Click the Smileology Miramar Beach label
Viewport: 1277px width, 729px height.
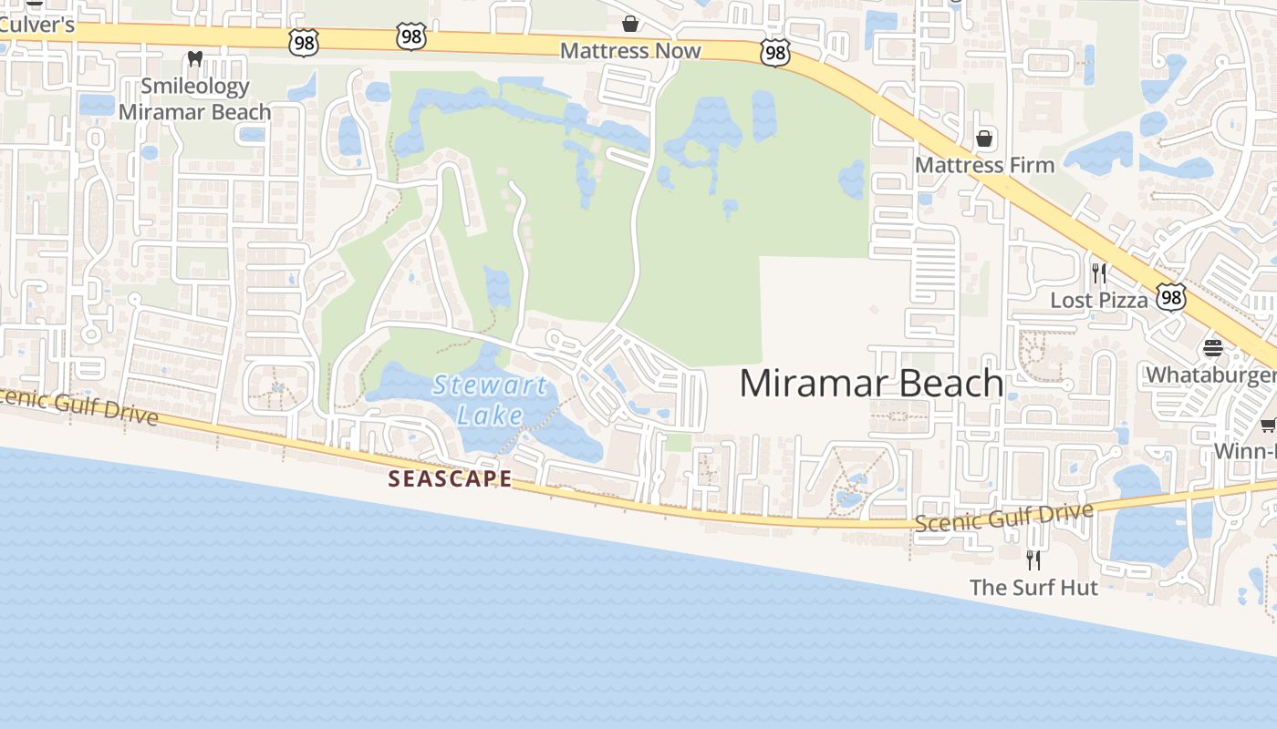click(x=195, y=99)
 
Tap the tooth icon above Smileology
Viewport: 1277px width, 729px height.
click(x=194, y=59)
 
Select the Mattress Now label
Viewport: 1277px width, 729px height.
click(x=630, y=51)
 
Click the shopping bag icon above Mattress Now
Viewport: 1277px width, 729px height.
click(x=629, y=23)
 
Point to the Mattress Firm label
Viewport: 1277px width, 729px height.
click(x=984, y=165)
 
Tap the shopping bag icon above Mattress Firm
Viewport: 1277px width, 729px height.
click(x=984, y=139)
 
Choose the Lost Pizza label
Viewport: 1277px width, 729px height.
click(x=1099, y=300)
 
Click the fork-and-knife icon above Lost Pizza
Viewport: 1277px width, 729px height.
click(x=1099, y=272)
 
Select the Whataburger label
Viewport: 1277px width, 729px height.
click(x=1210, y=375)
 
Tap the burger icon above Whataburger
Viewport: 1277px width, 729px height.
click(x=1212, y=347)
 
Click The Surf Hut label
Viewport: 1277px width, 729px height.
click(x=1033, y=588)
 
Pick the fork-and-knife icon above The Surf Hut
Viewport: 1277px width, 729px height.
click(x=1033, y=560)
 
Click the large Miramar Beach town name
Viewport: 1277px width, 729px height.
click(x=871, y=383)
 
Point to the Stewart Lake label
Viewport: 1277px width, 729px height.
click(x=490, y=400)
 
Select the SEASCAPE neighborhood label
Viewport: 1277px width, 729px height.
click(x=450, y=478)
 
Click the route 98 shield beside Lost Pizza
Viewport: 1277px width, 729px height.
click(x=1171, y=296)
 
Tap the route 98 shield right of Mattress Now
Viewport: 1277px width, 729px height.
click(x=774, y=54)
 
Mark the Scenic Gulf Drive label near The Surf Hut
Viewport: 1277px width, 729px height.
click(x=1003, y=518)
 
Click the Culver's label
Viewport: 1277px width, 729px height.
click(x=37, y=25)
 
